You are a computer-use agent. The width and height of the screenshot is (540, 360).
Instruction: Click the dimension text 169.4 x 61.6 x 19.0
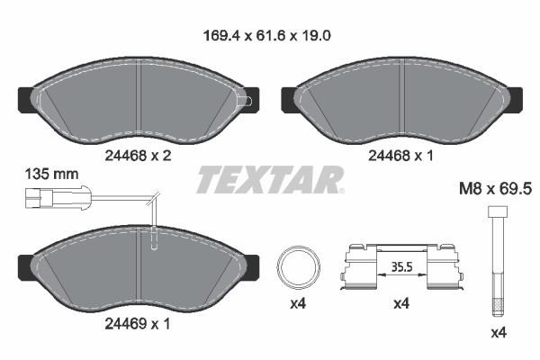click(269, 38)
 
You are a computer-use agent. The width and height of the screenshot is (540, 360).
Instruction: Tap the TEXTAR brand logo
click(269, 180)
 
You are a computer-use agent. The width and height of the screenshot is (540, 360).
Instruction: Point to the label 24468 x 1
click(403, 154)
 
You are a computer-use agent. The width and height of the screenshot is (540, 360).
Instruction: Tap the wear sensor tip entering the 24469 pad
click(156, 240)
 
